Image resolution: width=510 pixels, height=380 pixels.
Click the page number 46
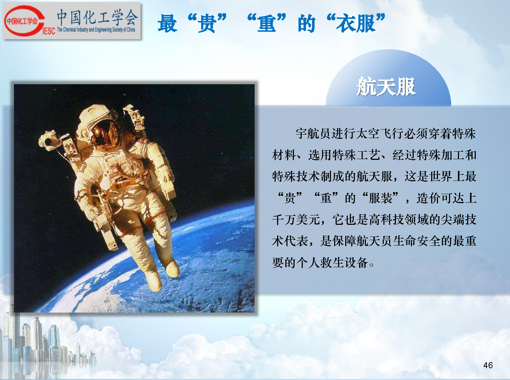point(488,365)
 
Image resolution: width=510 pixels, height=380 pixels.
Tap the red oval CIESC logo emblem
point(24,21)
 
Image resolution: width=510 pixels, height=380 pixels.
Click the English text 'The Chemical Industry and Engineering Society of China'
point(96,30)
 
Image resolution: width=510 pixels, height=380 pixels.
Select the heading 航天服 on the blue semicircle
point(386,86)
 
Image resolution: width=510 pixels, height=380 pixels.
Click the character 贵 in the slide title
point(207,23)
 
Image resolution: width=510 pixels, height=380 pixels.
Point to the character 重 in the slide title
point(267,23)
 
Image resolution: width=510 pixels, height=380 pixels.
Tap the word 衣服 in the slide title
point(356,23)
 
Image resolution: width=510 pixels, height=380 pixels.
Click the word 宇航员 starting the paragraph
point(313,134)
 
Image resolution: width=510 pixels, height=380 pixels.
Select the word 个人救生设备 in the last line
point(332,263)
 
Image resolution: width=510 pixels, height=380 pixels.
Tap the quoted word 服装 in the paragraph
point(381,198)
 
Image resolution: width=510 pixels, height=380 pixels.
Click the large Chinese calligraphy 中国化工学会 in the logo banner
point(97,17)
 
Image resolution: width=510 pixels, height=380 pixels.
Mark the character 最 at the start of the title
point(167,23)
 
